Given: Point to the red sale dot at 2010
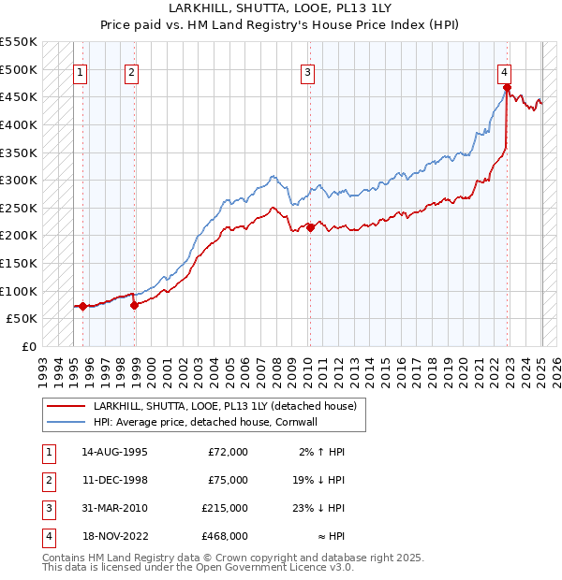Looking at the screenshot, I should pos(310,227).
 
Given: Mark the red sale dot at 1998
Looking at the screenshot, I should pos(134,304).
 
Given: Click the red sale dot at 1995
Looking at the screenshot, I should pos(82,306).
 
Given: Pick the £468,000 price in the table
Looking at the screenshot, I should pos(224,536).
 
